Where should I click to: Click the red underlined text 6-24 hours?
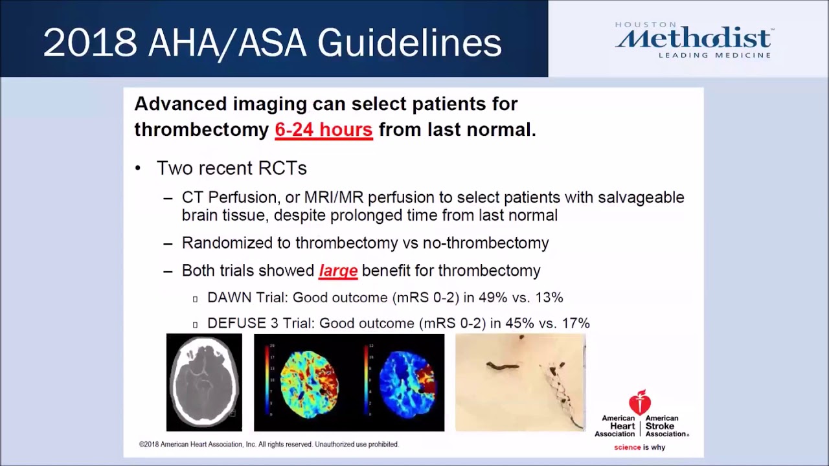coord(323,129)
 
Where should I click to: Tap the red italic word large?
coord(338,271)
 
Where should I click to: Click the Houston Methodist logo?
coord(692,39)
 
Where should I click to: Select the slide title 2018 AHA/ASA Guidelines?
coord(272,43)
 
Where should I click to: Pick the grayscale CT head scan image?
coord(204,383)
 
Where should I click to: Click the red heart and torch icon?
coord(640,402)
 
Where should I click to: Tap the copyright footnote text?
coord(269,445)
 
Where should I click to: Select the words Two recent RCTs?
coord(231,168)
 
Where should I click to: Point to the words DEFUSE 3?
coord(236,323)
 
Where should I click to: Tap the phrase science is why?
coord(639,447)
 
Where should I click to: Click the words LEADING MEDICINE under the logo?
coord(714,56)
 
